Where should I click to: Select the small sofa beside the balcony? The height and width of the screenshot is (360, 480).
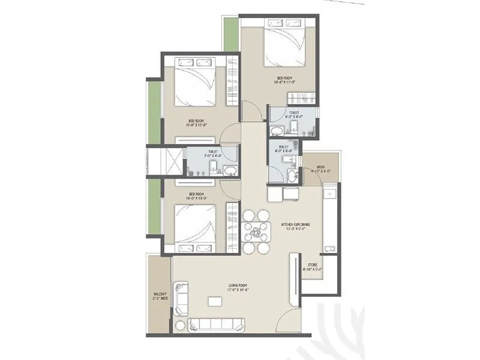pos(180,297)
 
